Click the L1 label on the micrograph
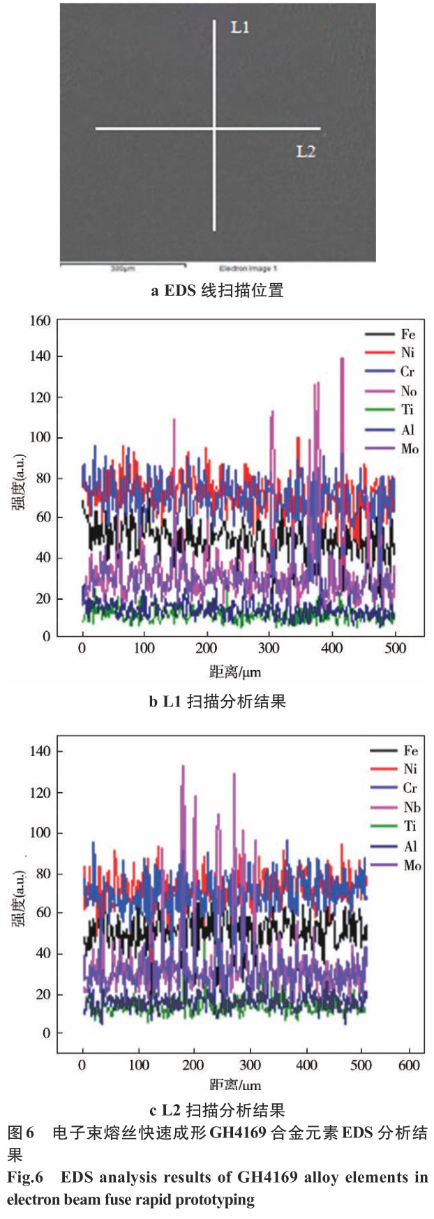240,28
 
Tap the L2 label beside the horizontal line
306,151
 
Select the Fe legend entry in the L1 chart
407,335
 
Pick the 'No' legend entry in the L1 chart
408,391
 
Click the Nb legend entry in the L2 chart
411,807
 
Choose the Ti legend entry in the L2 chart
410,826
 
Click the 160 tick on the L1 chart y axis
40,321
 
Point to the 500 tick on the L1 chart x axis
395,648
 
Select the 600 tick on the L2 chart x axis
409,1065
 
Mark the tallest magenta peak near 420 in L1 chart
342,359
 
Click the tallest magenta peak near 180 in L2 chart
183,766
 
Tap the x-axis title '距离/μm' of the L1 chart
235,673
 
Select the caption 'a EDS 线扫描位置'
217,291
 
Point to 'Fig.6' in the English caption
25,1177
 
